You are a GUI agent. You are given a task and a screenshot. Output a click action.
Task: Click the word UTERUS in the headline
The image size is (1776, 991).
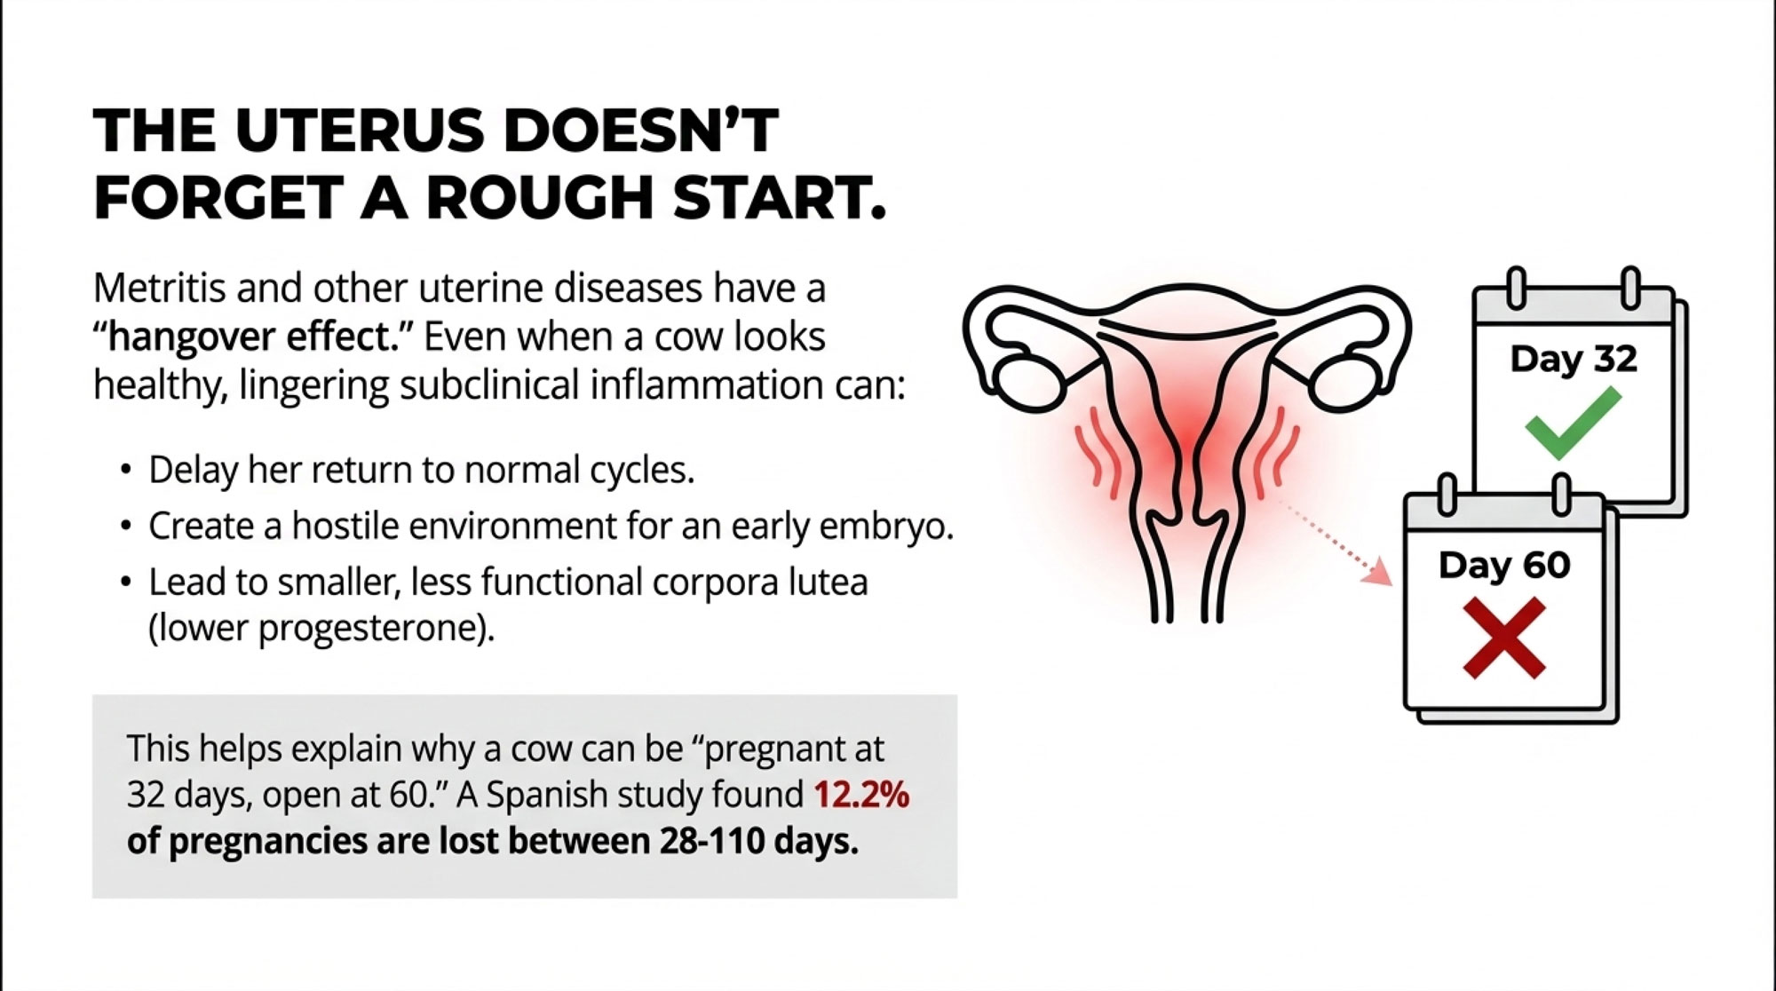[x=360, y=131]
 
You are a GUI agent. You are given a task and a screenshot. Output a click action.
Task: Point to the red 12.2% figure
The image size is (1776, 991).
[x=861, y=795]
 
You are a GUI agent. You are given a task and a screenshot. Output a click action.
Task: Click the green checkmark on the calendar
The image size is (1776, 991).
[x=1573, y=424]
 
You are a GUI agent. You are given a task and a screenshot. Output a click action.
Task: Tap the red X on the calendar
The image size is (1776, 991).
[x=1504, y=638]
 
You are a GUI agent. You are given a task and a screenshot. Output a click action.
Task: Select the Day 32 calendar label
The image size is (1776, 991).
[x=1574, y=359]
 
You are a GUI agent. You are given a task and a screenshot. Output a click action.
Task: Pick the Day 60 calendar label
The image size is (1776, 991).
[x=1504, y=565]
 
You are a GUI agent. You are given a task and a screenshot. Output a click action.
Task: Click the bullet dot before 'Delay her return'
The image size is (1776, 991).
[x=126, y=470]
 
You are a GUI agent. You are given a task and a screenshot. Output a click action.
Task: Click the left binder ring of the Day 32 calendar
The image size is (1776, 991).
[x=1517, y=288]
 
